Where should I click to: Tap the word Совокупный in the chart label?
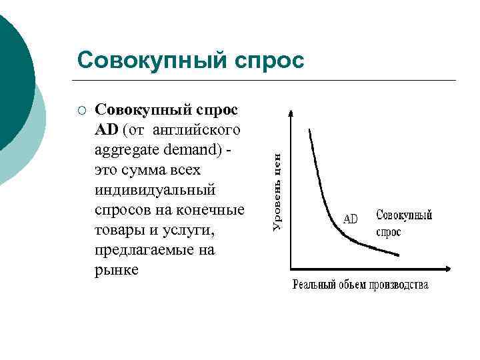click(x=404, y=215)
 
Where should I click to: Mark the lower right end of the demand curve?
click(x=399, y=255)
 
